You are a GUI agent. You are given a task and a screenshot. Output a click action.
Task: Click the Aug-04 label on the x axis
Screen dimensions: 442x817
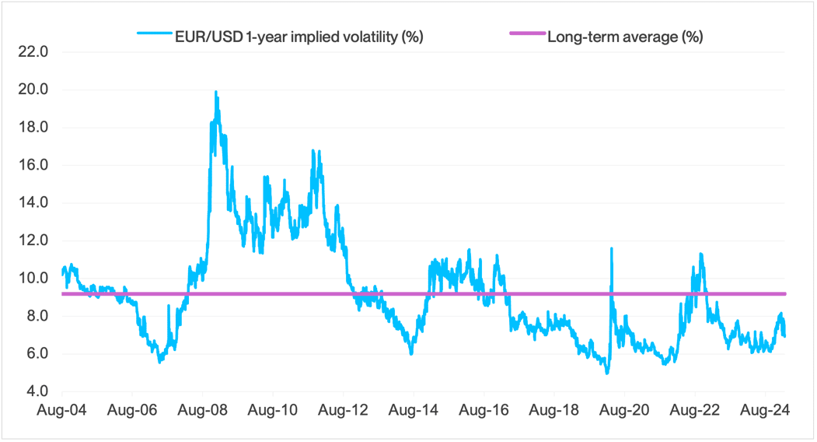click(x=61, y=409)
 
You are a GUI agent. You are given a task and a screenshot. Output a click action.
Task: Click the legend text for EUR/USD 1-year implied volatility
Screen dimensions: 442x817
click(x=299, y=35)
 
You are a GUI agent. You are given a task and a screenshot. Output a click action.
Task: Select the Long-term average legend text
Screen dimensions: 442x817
click(x=625, y=35)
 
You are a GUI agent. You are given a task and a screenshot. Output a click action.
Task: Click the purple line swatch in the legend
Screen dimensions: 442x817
click(x=525, y=35)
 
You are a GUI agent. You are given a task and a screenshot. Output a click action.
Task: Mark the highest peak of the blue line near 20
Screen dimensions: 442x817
click(x=215, y=92)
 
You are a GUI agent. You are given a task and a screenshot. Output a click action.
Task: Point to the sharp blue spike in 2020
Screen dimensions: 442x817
click(x=612, y=249)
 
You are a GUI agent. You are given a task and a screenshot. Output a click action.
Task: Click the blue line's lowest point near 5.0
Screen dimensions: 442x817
click(x=606, y=373)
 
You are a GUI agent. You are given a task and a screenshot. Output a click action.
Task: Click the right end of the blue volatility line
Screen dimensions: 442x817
click(x=784, y=335)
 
